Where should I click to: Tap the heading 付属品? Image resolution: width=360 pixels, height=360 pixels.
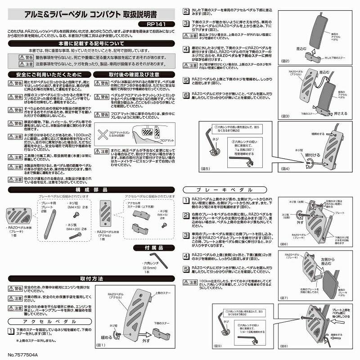pyautogui.click(x=153, y=247)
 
